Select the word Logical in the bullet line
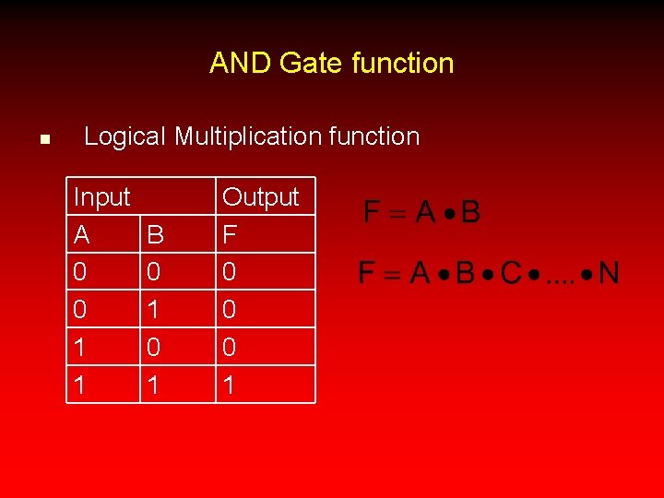(x=125, y=136)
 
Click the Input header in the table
(x=101, y=196)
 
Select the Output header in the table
(x=261, y=196)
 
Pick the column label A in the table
(x=81, y=235)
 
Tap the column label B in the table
(x=155, y=235)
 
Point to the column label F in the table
(x=230, y=235)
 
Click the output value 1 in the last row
(x=230, y=385)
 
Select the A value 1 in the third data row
(x=81, y=347)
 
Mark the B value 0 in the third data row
(x=155, y=347)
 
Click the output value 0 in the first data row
(x=230, y=273)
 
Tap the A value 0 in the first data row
(x=81, y=273)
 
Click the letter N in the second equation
(x=609, y=273)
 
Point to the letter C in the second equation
(x=511, y=273)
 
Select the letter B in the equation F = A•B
(x=470, y=213)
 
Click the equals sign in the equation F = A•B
(x=397, y=214)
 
